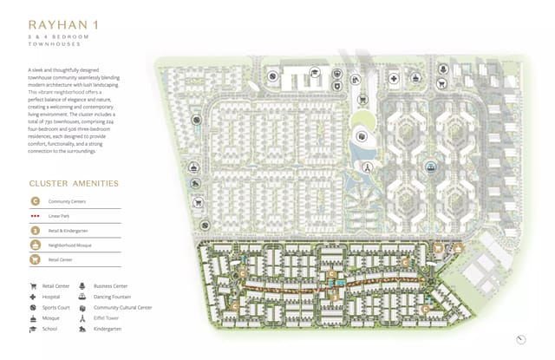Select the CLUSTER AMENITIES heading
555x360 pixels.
point(74,184)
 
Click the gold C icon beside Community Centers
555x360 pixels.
point(36,201)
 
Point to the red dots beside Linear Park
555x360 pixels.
point(36,216)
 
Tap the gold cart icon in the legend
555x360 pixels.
point(36,259)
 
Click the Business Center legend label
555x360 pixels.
point(111,285)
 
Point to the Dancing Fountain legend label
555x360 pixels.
point(114,297)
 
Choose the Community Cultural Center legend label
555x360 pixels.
point(123,307)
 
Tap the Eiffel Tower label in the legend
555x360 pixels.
point(108,318)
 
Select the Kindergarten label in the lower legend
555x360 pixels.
point(108,329)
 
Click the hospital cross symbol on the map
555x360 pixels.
point(394,79)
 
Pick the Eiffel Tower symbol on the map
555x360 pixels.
point(367,166)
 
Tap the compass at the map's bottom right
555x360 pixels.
point(520,339)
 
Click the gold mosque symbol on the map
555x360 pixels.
point(458,248)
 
